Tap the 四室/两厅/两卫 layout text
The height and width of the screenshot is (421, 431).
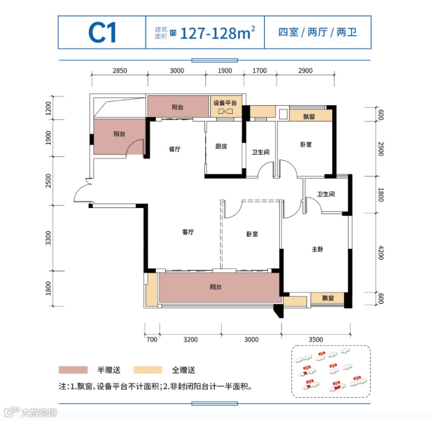[x=317, y=33]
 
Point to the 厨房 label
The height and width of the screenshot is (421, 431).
[x=221, y=146]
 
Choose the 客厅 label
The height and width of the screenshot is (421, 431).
[x=188, y=232]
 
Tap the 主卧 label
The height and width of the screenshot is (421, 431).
[x=317, y=250]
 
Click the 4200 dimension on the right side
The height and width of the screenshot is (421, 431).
[x=381, y=254]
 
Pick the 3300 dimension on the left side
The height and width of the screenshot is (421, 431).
[x=49, y=238]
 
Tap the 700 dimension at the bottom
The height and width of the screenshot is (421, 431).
[x=152, y=339]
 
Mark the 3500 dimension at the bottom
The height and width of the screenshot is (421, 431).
[x=316, y=339]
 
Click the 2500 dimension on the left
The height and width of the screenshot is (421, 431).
[x=49, y=180]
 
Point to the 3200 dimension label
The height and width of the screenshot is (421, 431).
[x=190, y=339]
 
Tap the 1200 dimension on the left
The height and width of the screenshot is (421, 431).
[x=49, y=108]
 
